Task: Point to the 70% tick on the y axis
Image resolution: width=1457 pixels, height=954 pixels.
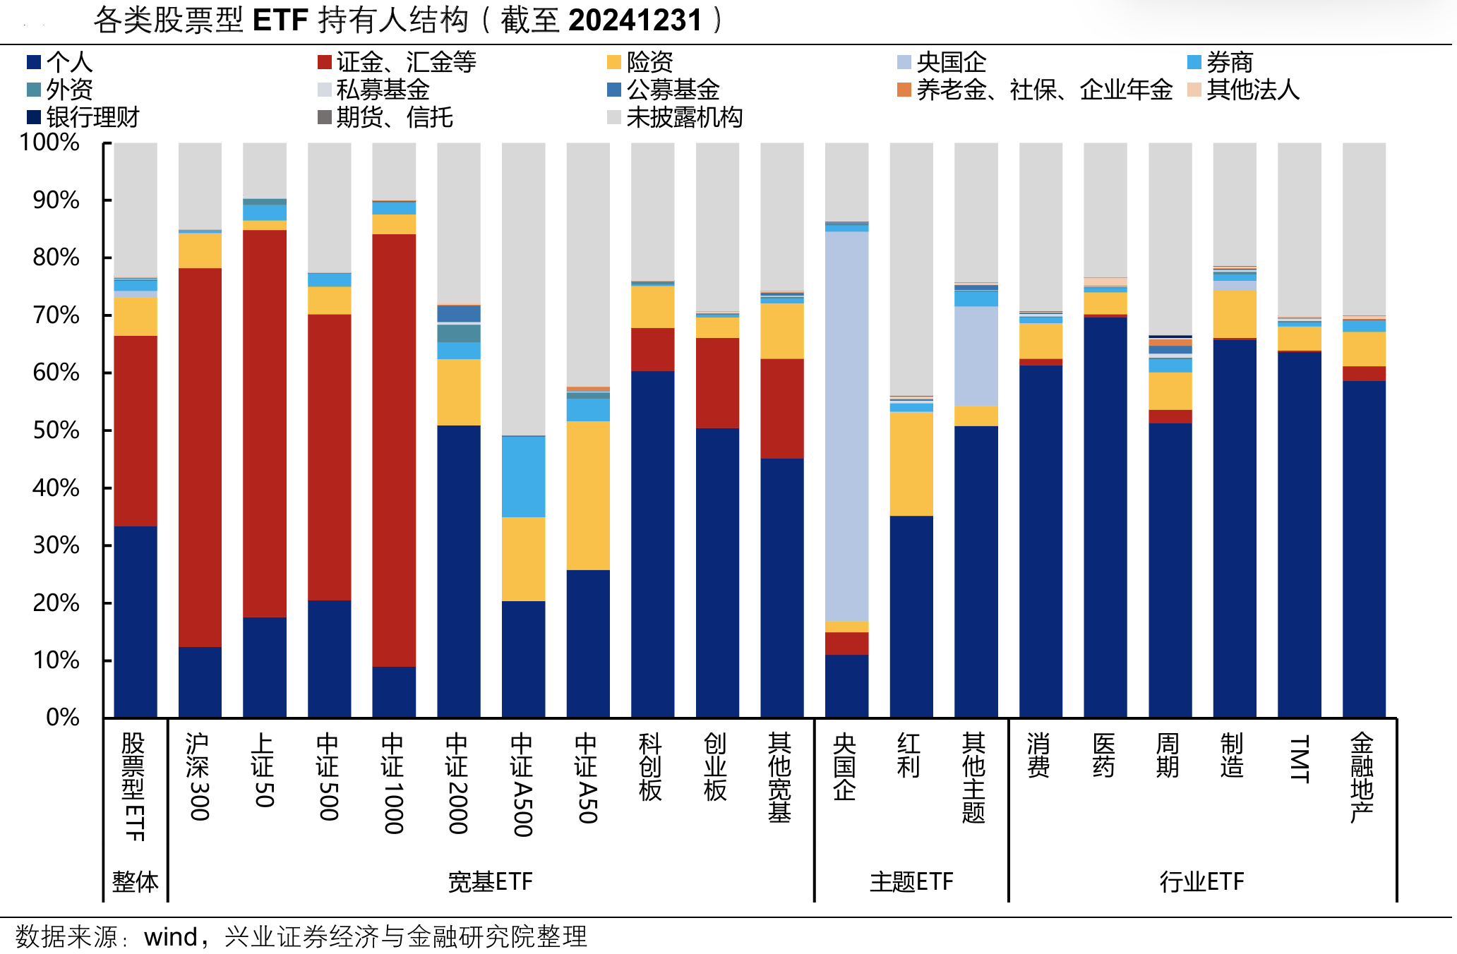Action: [56, 315]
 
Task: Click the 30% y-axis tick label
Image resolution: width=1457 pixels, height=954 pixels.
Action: [56, 545]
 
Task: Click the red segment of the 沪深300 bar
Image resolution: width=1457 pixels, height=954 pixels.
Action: [200, 457]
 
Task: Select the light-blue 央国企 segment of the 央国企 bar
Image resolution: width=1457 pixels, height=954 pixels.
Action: [846, 426]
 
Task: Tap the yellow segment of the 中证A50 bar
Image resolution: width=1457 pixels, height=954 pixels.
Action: [588, 495]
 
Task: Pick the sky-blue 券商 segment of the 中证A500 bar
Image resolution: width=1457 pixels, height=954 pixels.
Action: [523, 477]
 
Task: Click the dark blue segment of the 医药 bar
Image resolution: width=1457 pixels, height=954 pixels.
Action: [1105, 517]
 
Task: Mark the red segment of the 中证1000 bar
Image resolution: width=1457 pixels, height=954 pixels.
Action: [394, 450]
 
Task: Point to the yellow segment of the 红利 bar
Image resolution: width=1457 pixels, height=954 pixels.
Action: [911, 464]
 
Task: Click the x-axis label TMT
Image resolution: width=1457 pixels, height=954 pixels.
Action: [1299, 759]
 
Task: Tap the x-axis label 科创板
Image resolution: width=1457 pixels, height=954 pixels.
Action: [650, 766]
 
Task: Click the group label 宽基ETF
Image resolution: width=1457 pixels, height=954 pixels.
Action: [490, 882]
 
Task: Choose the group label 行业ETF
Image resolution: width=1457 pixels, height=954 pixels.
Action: [1201, 882]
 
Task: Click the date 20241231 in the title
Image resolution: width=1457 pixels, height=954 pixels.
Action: [635, 20]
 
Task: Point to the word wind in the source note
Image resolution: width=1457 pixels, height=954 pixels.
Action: [170, 937]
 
